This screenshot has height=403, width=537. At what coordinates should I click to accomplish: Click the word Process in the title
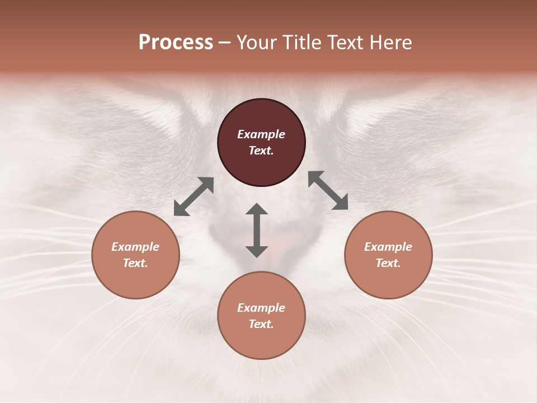click(x=176, y=43)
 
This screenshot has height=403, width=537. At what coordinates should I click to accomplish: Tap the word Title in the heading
click(x=303, y=43)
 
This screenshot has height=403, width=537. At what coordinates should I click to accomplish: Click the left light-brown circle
click(x=135, y=255)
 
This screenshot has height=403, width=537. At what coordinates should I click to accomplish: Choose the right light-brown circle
click(x=388, y=255)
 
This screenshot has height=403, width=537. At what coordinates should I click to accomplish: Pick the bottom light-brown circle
click(x=261, y=316)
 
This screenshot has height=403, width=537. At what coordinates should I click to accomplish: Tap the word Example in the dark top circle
click(x=261, y=134)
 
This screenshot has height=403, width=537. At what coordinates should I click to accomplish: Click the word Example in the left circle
click(x=135, y=247)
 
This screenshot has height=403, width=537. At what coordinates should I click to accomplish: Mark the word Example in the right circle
click(x=388, y=247)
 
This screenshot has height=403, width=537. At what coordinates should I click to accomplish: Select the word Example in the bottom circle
click(x=261, y=308)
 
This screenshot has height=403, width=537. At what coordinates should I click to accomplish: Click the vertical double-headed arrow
click(x=257, y=230)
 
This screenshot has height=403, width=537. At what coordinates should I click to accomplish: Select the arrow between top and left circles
click(x=194, y=196)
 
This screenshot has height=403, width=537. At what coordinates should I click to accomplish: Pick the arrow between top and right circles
click(x=328, y=190)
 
